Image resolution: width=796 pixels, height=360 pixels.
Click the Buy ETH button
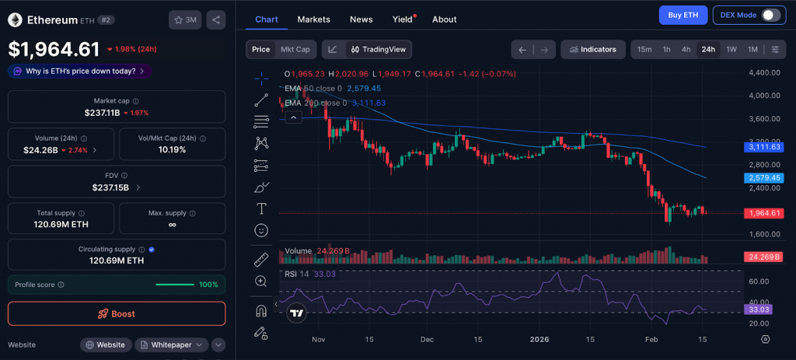pos(682,15)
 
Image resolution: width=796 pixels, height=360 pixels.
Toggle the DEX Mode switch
pos(770,15)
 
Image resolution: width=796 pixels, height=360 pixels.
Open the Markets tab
pos(313,19)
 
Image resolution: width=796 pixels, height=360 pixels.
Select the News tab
pos(361,19)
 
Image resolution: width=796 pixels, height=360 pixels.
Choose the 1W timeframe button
pos(731,49)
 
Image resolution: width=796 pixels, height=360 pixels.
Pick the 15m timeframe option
pos(644,49)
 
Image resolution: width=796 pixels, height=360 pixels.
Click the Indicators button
pos(593,49)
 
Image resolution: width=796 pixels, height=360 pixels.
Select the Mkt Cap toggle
pos(295,49)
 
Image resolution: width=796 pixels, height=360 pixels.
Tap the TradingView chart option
pos(379,49)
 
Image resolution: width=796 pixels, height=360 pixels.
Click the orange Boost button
pos(117,313)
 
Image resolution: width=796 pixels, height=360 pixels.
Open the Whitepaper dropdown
pos(172,344)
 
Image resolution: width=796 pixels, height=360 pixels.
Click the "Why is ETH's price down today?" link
pos(79,71)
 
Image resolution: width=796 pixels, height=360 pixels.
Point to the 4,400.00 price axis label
pos(763,72)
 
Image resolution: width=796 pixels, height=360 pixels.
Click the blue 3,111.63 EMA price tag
pos(764,146)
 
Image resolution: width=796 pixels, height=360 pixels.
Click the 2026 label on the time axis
pos(539,339)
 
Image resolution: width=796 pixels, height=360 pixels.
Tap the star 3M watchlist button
pos(185,19)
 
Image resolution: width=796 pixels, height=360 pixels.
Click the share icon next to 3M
pos(216,19)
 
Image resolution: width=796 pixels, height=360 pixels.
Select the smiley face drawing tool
pos(261,230)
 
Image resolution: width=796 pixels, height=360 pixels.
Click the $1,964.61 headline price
pos(54,49)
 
